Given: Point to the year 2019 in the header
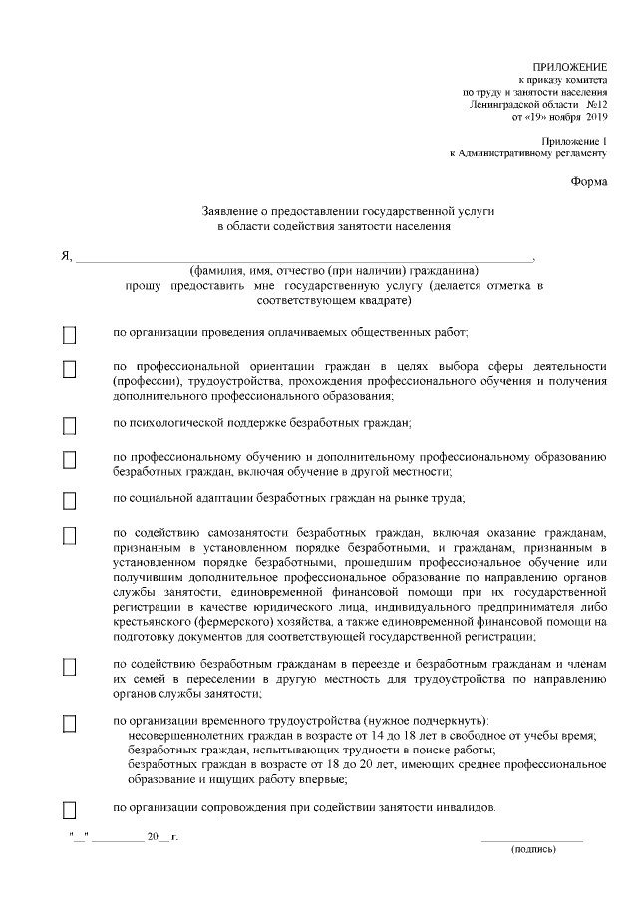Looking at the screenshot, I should (596, 117).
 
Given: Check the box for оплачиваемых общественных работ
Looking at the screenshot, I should (70, 334).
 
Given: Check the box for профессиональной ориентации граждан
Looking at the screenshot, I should (70, 369).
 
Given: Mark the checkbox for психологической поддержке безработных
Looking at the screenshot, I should (70, 426).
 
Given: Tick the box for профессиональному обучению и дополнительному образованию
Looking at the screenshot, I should (70, 460).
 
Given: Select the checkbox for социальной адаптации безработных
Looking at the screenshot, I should (70, 500).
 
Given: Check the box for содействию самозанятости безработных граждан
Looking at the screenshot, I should (70, 536).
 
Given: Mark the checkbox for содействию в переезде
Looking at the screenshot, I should (70, 666).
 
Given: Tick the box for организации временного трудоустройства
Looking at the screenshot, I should (70, 723).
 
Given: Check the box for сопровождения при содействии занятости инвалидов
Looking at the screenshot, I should (70, 808).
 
